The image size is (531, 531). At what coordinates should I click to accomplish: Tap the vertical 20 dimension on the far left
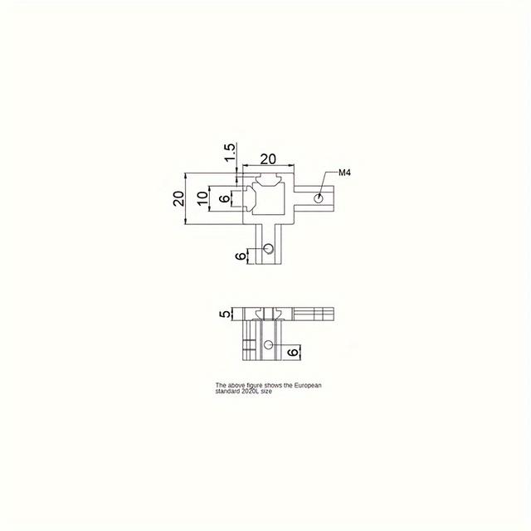[178, 199]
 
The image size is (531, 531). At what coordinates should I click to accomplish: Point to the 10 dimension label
[202, 199]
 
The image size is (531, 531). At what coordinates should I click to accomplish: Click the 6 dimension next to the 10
[223, 199]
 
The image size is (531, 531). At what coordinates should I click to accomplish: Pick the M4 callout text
[345, 173]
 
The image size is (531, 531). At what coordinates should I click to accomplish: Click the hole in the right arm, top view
[318, 198]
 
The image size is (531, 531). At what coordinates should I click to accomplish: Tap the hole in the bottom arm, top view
[268, 248]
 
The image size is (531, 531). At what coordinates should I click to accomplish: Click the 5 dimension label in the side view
[223, 314]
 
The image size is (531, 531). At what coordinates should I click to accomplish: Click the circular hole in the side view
[268, 343]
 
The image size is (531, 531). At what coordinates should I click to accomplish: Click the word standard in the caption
[226, 391]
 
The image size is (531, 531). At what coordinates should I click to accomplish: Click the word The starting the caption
[220, 386]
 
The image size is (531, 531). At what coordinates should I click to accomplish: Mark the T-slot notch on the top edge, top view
[268, 178]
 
